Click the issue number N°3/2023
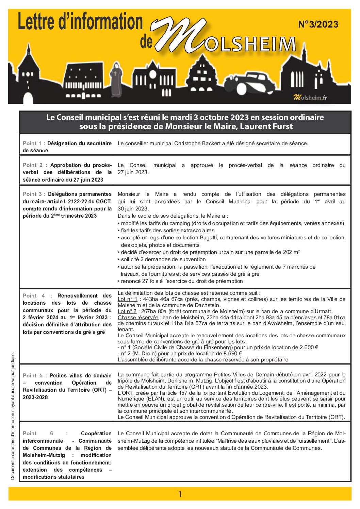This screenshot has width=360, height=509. tap(318, 24)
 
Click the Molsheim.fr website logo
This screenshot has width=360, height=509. tap(310, 98)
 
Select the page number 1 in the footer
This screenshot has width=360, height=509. tap(180, 494)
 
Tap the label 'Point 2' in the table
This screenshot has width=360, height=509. tap(32, 165)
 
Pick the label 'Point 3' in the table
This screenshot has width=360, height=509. tap(32, 194)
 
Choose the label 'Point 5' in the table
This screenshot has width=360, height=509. tap(32, 375)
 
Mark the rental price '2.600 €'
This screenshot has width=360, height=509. tap(308, 347)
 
